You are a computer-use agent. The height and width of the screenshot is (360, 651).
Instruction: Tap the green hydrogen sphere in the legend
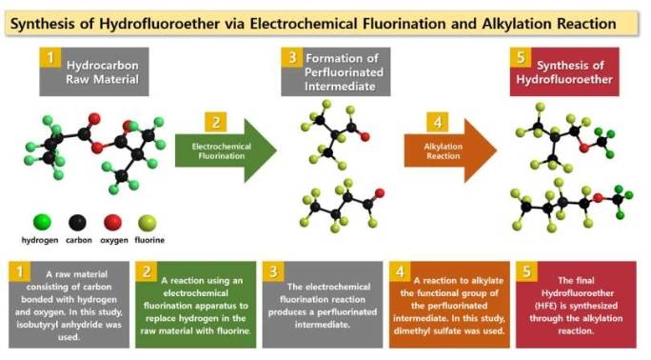point(41,223)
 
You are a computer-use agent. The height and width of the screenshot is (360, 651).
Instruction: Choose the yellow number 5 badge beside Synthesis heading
point(520,58)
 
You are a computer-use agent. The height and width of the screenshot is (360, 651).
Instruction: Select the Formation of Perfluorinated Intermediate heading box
point(331,72)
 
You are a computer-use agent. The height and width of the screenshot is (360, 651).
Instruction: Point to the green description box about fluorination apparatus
point(195,304)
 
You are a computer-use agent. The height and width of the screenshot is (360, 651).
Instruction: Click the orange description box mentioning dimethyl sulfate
point(448,304)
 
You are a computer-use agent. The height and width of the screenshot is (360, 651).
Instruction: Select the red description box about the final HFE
point(575,304)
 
